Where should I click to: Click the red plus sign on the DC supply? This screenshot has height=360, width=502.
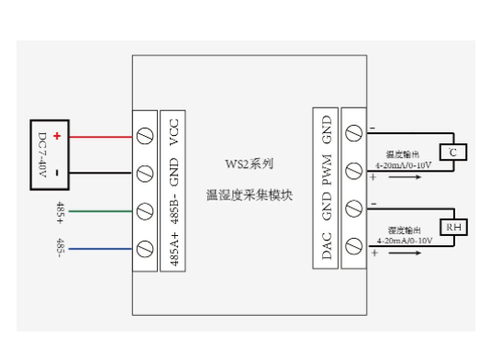[x=57, y=136]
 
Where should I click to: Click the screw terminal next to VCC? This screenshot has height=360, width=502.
[x=145, y=136]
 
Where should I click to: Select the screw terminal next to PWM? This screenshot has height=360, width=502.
[x=352, y=174]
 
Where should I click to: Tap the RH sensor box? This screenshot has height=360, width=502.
[x=452, y=226]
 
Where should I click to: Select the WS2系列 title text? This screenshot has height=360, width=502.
[x=249, y=164]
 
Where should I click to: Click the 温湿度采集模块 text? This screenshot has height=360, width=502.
[x=249, y=195]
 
